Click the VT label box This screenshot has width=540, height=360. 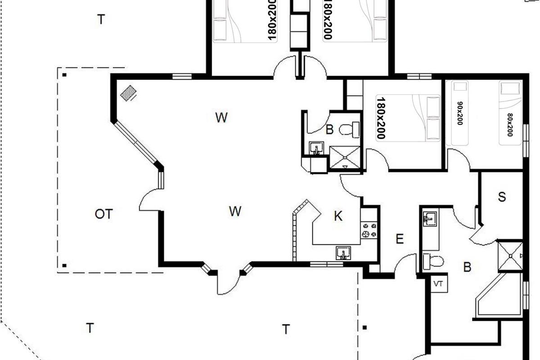pos(439,284)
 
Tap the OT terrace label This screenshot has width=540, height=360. pos(103,214)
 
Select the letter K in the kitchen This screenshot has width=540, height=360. pos(338,216)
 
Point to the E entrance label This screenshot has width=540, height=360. pos(400,239)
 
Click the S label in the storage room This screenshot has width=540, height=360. pos(502,197)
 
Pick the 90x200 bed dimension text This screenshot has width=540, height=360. pos(460,113)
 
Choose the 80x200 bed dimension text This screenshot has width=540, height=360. pos(510,125)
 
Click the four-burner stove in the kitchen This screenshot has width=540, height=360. pos(369,230)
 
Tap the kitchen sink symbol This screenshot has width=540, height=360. pos(343,253)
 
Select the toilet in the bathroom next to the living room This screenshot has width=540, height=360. pos(349,130)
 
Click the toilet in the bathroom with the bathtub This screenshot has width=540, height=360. pos(433,261)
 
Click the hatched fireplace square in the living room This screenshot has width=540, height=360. pos(128,93)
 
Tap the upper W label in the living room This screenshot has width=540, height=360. pos(221,117)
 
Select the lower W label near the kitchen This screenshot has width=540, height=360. pos(235,211)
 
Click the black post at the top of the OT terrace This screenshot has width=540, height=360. pos(64,75)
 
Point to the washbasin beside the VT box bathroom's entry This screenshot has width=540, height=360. pos(430,219)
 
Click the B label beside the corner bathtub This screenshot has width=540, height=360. pos(467,267)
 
